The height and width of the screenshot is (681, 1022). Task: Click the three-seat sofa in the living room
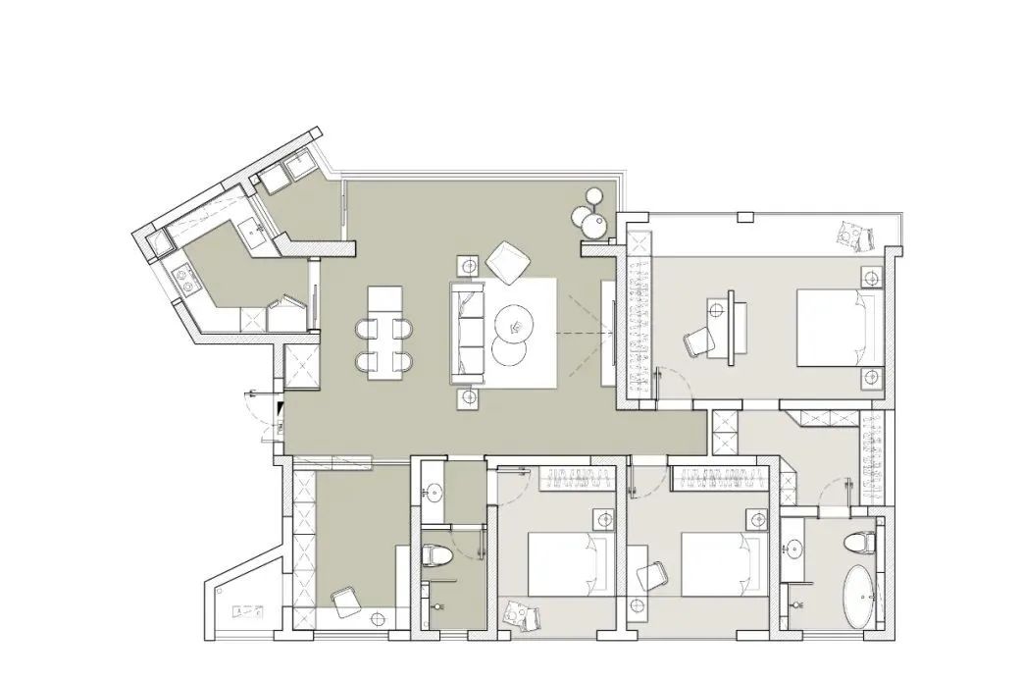(468, 332)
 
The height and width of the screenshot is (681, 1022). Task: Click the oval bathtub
(863, 597)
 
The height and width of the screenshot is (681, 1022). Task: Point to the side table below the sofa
(468, 398)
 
